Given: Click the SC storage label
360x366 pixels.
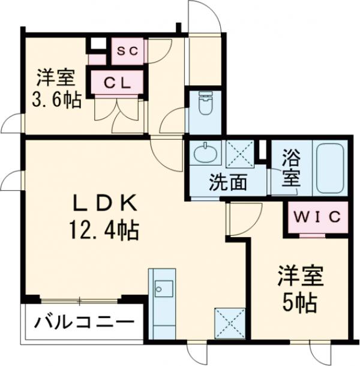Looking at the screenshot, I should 128,52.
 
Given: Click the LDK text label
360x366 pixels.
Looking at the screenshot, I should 106,204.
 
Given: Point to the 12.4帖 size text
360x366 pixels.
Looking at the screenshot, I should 106,229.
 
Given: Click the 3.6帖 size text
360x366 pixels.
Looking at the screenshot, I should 56,100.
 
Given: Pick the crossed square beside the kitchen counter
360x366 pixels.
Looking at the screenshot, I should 228,322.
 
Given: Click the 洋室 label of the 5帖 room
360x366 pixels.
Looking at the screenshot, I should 301,278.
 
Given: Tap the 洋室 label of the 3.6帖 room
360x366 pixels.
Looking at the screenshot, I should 55,77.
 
